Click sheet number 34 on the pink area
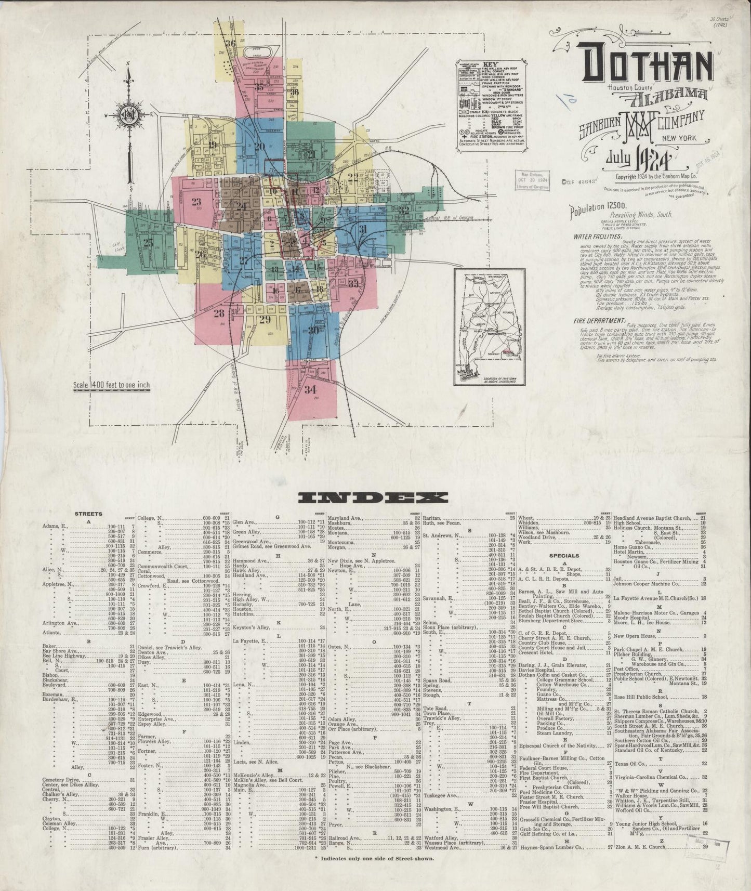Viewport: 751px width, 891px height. tap(311, 389)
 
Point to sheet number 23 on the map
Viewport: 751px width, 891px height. tap(196, 202)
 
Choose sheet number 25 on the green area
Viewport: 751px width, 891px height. tap(149, 242)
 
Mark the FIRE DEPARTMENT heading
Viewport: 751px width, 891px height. tap(597, 321)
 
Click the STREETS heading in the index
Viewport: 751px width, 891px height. tap(88, 514)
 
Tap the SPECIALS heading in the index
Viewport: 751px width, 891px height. tap(564, 555)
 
